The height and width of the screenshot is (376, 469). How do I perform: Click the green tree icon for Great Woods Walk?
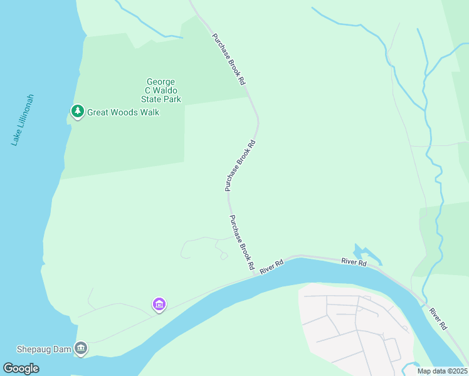(77, 112)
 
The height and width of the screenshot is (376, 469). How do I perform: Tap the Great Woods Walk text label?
(123, 112)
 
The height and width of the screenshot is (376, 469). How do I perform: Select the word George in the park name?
(161, 81)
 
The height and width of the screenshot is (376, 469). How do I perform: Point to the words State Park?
(161, 99)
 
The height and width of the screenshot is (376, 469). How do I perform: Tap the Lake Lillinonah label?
(23, 120)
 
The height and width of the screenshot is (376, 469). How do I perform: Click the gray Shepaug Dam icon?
(81, 348)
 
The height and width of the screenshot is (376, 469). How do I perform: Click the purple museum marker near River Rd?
(159, 305)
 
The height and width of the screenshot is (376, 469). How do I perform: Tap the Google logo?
(21, 368)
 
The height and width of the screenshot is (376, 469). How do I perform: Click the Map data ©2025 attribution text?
(442, 371)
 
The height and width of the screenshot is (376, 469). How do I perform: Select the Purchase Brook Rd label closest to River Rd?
(241, 243)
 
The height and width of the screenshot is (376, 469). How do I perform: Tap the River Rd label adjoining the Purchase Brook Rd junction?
(271, 267)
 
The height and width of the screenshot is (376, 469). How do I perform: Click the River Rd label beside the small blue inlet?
(354, 262)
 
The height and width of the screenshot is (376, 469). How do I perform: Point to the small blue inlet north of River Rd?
(367, 254)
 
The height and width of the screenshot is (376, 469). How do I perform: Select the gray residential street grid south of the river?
(354, 323)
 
